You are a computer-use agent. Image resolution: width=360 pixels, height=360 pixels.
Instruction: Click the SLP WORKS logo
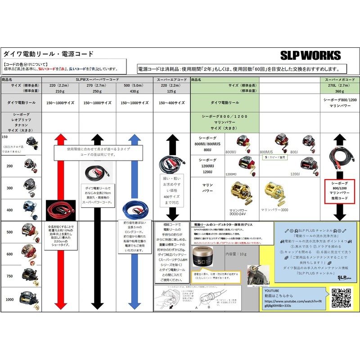coord(310,55)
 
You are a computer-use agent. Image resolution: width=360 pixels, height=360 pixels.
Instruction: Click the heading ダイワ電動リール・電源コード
coord(49,54)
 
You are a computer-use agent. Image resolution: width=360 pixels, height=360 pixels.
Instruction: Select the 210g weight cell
coord(60,92)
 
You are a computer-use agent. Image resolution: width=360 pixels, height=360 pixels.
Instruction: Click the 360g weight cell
coord(339,92)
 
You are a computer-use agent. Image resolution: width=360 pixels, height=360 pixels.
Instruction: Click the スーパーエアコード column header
coord(171,79)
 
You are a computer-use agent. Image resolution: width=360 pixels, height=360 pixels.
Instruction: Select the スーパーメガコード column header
coord(339,79)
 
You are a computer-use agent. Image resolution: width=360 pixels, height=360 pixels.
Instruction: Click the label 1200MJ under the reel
coord(231,174)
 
